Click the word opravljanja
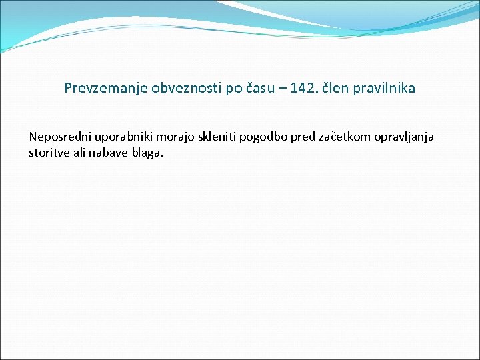[x=401, y=137]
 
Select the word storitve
[x=48, y=153]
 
